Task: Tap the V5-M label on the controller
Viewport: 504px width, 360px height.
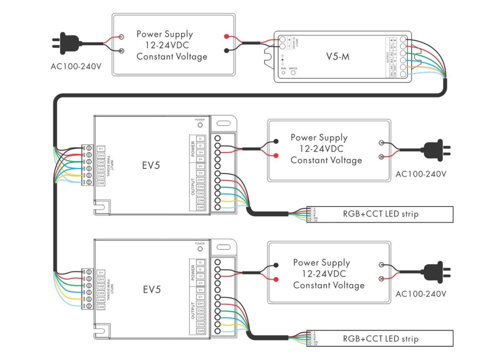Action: coord(338,57)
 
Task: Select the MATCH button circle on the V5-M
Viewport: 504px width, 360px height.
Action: coord(293,73)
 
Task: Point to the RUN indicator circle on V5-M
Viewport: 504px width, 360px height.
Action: coord(283,73)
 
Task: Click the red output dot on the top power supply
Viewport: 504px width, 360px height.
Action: coord(226,36)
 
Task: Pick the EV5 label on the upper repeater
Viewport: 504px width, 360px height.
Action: coord(151,165)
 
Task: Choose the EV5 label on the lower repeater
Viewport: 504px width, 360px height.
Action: coord(152,289)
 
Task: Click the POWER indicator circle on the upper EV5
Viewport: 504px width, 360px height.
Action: coord(200,125)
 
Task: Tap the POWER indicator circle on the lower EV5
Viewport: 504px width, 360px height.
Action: coord(200,249)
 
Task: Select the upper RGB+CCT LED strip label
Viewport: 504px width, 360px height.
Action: coord(381,214)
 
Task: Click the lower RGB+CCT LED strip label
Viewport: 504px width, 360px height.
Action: coord(381,339)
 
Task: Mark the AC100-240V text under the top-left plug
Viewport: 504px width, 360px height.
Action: coord(76,67)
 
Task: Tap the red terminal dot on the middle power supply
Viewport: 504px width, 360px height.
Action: coord(276,156)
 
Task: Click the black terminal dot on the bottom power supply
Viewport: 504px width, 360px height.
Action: coord(276,265)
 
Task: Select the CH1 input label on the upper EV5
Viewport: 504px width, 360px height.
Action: coord(101,156)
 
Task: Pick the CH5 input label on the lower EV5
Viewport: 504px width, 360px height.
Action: coord(101,307)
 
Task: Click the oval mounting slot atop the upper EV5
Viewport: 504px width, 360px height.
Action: coord(224,123)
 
